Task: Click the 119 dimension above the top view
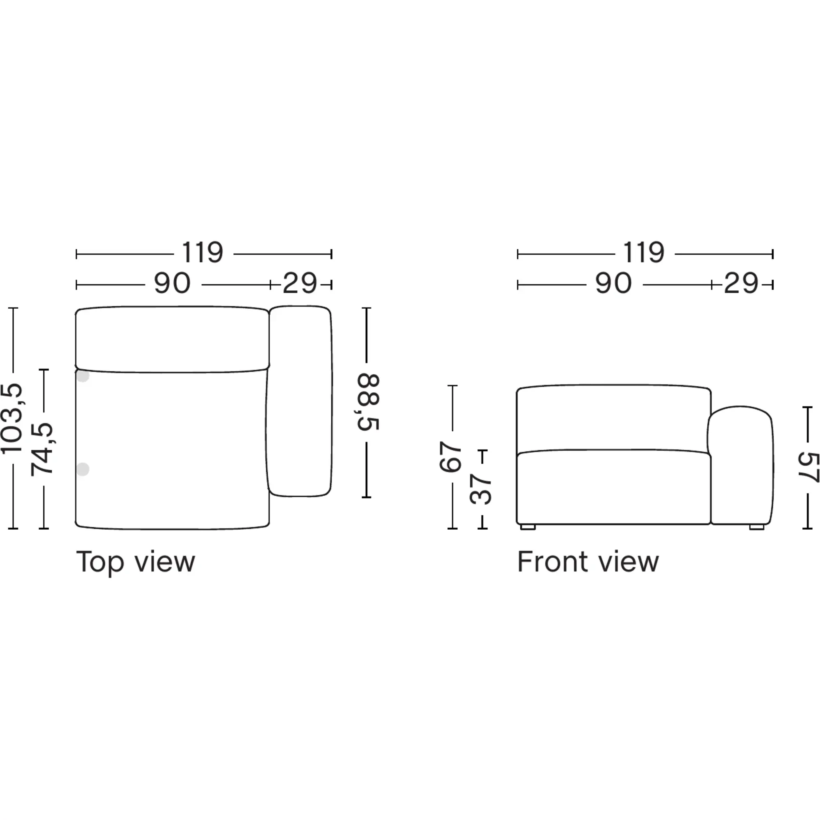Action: tap(203, 253)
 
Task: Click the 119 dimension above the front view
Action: tap(643, 253)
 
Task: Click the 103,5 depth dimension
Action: tap(11, 418)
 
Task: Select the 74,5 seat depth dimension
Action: tap(43, 449)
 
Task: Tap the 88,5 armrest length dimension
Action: tap(367, 402)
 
